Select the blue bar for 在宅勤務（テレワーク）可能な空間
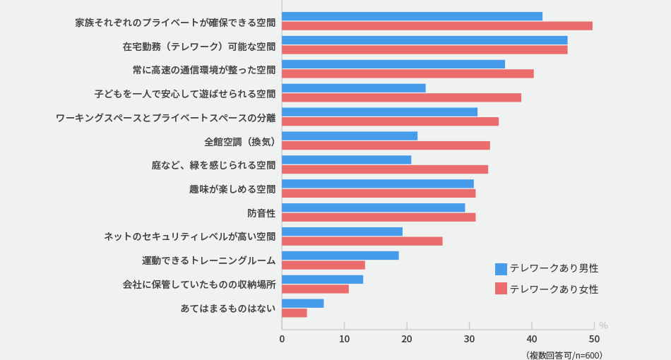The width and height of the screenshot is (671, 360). pos(424,40)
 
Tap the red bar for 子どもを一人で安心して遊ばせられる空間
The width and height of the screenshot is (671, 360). pos(401,97)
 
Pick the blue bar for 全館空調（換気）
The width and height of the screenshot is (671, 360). pos(350,136)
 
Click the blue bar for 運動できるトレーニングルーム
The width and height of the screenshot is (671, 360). pos(340,256)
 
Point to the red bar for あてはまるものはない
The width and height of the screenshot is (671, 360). pos(294,313)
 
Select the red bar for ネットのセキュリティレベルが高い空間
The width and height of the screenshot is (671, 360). pos(362,241)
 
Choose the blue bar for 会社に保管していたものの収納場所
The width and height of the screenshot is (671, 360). pos(322,280)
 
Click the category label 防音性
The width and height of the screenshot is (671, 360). pos(261,212)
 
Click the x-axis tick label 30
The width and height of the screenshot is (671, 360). pos(469,339)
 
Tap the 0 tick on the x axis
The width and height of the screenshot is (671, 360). pos(282,339)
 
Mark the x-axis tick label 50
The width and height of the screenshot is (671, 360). pos(594,339)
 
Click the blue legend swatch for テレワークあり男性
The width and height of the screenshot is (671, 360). pos(501,269)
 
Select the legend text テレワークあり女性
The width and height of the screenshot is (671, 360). pos(554,289)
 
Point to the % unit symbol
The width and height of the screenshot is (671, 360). pos(603,325)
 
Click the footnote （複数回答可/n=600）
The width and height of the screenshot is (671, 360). pos(564,354)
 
